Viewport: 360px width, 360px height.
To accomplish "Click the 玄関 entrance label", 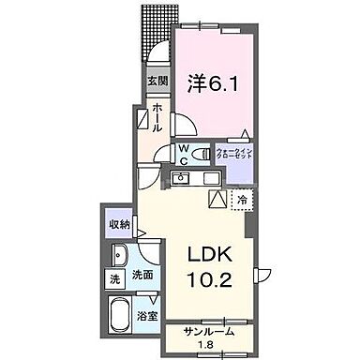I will [x=156, y=81].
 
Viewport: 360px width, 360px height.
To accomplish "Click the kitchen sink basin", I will [x=182, y=178].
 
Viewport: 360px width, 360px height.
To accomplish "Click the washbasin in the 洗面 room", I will [x=122, y=257].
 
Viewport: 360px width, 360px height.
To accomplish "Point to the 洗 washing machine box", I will [x=113, y=279].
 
